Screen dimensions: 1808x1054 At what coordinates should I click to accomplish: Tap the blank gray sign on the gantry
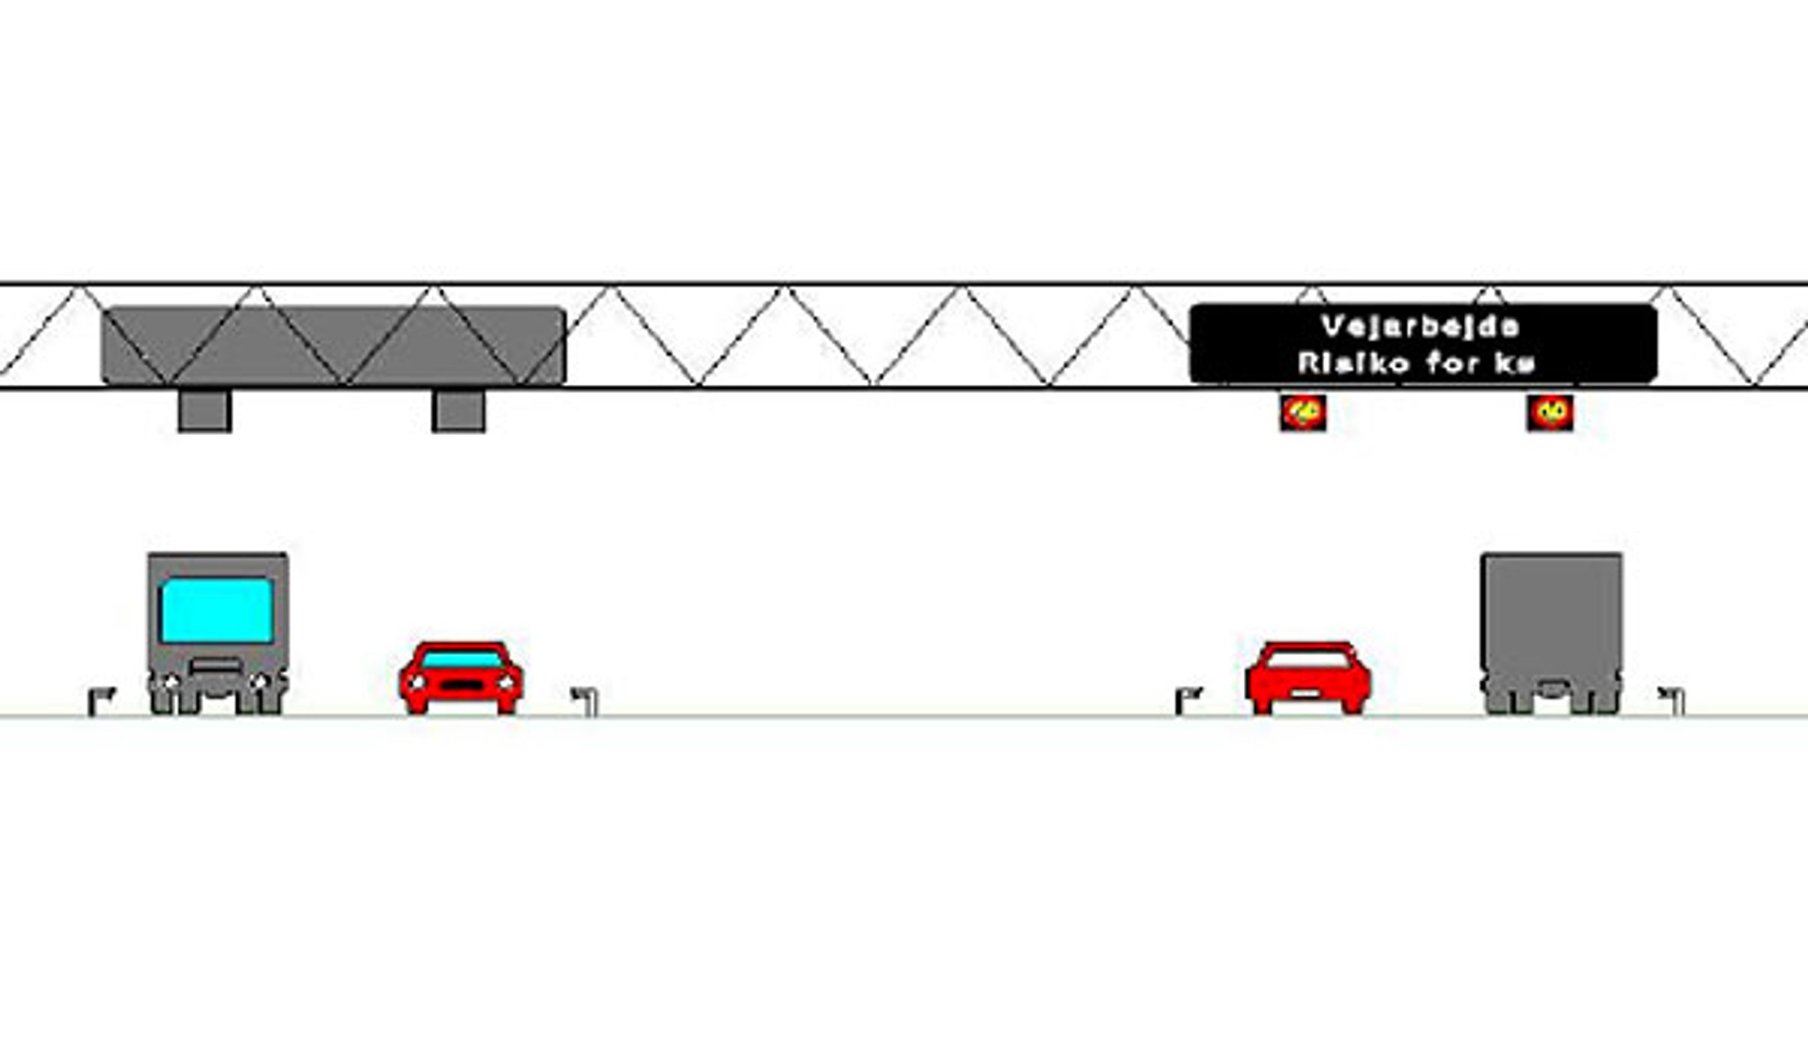coord(333,345)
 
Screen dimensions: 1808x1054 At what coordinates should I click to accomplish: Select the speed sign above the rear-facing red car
coord(1303,413)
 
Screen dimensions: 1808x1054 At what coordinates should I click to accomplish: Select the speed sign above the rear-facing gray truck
coord(1550,413)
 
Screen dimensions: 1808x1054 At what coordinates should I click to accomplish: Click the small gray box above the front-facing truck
coord(205,411)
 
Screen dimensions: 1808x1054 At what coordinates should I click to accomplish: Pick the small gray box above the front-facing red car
coord(458,411)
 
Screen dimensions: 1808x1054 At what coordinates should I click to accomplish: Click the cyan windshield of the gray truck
coord(217,610)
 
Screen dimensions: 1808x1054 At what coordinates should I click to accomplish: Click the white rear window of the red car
coord(1308,660)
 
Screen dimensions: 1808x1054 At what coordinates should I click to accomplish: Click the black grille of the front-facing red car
coord(462,685)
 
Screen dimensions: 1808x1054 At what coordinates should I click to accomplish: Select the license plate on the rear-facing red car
coord(1308,693)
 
